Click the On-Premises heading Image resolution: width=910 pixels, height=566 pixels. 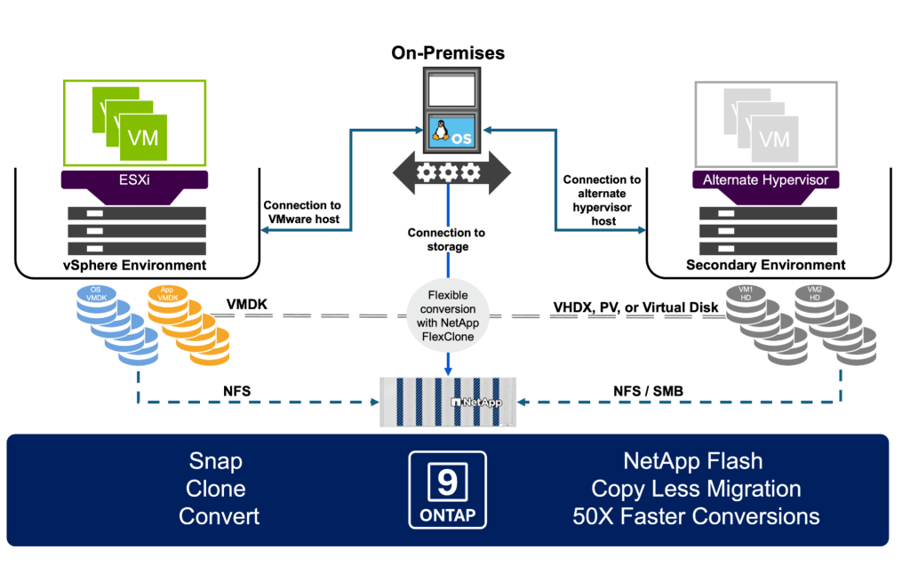tap(448, 53)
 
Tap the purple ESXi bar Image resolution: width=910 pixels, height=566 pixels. tap(134, 180)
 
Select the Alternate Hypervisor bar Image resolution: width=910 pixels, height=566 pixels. tap(765, 180)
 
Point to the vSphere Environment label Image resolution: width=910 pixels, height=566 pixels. tap(136, 265)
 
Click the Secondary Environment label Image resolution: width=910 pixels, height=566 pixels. tap(766, 265)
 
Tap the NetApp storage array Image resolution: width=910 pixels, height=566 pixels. tap(448, 401)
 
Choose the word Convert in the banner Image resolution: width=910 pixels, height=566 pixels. tap(216, 515)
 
